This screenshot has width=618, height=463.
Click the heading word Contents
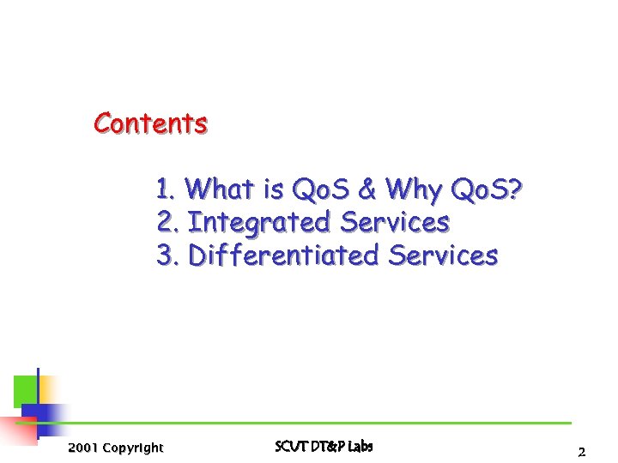point(150,123)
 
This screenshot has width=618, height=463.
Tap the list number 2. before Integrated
point(168,222)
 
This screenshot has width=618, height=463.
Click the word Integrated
point(258,223)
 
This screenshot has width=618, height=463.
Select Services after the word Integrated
point(395,222)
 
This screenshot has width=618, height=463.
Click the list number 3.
point(168,256)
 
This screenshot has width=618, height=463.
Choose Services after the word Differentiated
point(443,256)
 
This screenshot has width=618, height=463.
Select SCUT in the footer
point(289,446)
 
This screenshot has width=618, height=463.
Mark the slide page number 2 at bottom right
point(581,451)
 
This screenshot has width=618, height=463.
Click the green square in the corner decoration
point(25,390)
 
